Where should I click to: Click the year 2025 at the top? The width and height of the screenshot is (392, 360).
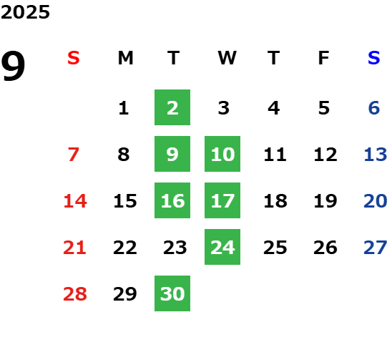click(x=25, y=12)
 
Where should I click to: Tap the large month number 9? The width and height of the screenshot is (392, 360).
click(x=13, y=66)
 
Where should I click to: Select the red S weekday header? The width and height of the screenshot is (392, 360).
click(x=74, y=58)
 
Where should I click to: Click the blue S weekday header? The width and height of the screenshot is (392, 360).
click(x=374, y=58)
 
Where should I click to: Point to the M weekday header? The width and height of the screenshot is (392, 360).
click(x=125, y=58)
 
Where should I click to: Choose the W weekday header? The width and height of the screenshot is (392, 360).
click(x=227, y=58)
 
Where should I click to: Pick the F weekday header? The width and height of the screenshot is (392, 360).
click(x=324, y=58)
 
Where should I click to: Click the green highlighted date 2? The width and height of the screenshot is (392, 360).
click(x=172, y=107)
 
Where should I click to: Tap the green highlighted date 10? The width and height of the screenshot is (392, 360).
click(x=222, y=154)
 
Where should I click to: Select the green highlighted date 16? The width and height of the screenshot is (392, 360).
click(x=172, y=200)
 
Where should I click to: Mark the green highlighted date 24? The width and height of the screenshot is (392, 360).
click(x=222, y=247)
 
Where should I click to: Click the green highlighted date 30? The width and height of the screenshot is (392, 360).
click(x=172, y=293)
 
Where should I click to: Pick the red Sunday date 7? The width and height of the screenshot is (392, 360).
click(x=74, y=154)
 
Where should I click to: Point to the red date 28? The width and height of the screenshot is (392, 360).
click(x=75, y=293)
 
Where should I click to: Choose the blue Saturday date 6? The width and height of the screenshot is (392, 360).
click(x=374, y=108)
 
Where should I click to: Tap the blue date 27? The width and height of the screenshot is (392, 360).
click(x=376, y=247)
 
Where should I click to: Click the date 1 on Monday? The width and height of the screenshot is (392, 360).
click(x=124, y=108)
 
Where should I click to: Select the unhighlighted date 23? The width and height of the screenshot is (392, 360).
click(x=175, y=247)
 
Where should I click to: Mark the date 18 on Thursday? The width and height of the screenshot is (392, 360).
click(x=275, y=200)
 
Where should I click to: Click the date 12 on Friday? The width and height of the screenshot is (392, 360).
click(x=325, y=154)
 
